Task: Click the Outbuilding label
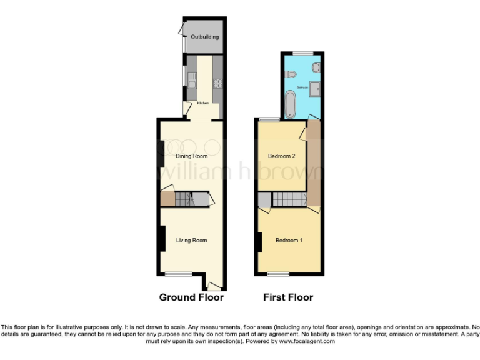pos(204,37)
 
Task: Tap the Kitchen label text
pos(203,103)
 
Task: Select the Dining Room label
pos(191,156)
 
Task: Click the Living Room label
pos(191,240)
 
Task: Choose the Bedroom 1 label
pos(289,240)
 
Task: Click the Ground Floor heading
pos(191,297)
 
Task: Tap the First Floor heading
pos(289,297)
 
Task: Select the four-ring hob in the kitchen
pos(218,82)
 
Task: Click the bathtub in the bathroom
pos(291,104)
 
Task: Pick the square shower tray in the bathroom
pos(316,88)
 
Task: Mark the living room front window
pos(178,274)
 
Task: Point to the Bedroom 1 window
pos(279,274)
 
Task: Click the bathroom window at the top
pos(303,54)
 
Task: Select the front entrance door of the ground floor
pos(214,286)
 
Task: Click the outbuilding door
pos(182,31)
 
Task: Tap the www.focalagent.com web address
pos(306,342)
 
